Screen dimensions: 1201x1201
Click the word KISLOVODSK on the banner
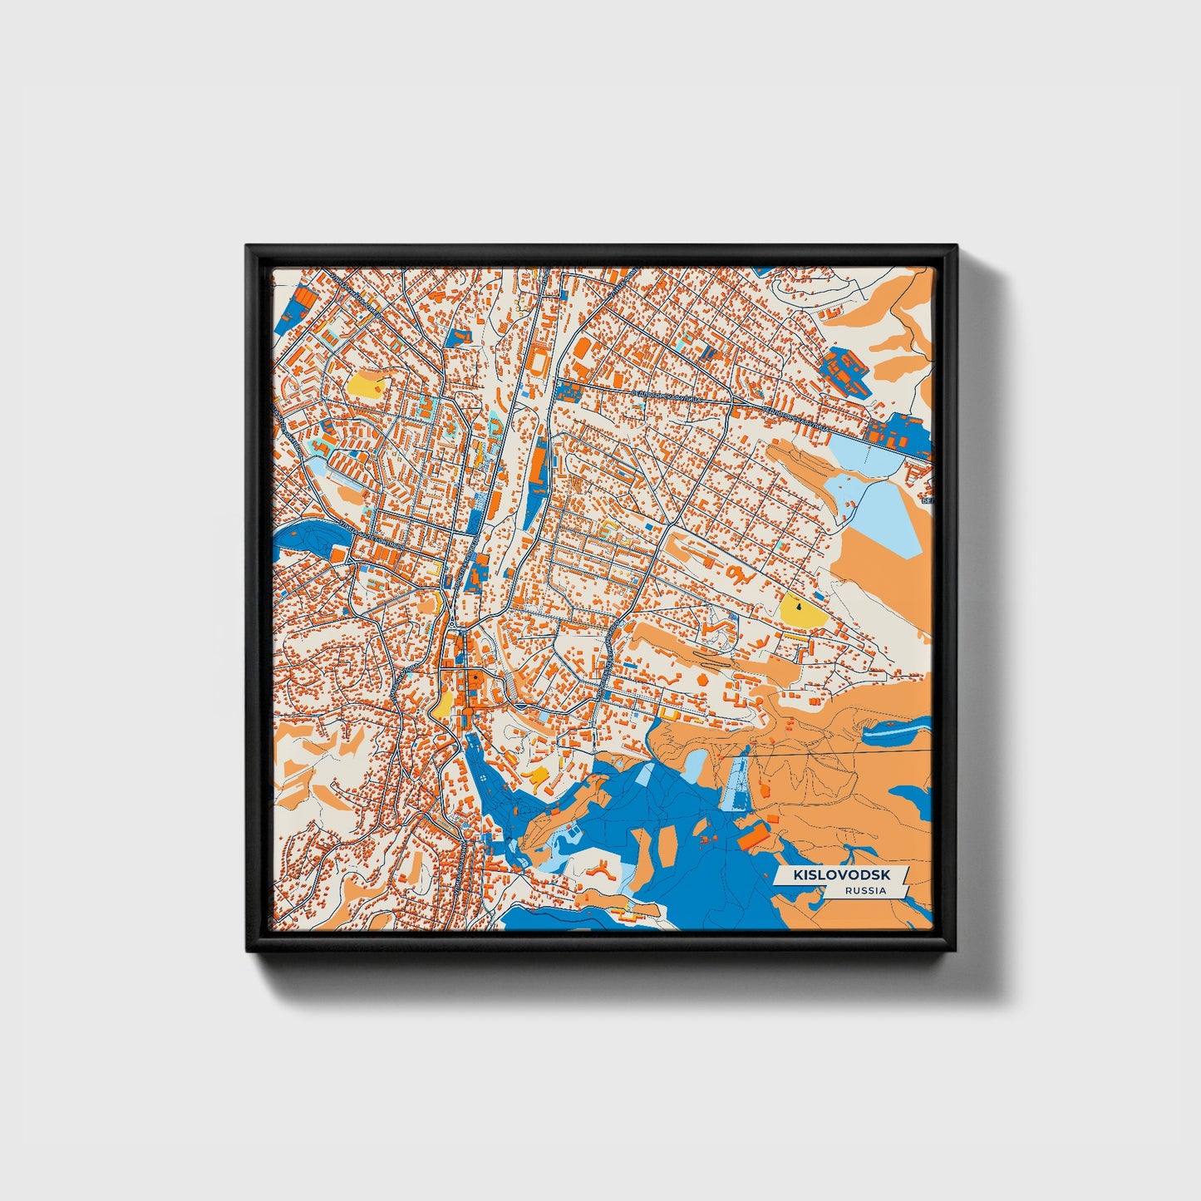click(840, 874)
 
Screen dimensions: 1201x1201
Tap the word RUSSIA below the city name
click(864, 890)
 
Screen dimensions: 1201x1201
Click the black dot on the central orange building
click(472, 678)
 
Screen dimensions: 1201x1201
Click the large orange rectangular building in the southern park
click(754, 834)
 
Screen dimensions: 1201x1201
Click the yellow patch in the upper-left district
click(367, 384)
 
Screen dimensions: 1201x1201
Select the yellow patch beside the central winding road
click(443, 704)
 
